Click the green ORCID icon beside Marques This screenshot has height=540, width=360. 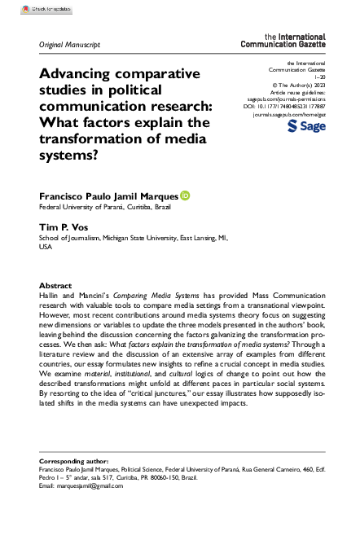tap(185, 195)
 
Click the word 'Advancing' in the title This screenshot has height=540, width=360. tap(77, 73)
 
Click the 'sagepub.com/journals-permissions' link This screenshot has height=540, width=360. tap(285, 98)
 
